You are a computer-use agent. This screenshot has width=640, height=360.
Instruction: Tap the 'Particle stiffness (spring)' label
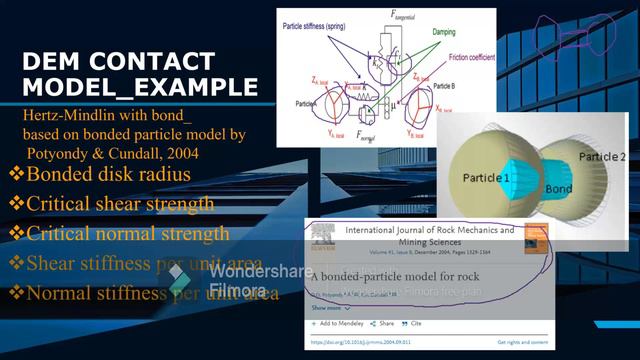click(326, 22)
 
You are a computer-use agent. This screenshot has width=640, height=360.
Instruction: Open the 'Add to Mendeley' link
click(340, 324)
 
